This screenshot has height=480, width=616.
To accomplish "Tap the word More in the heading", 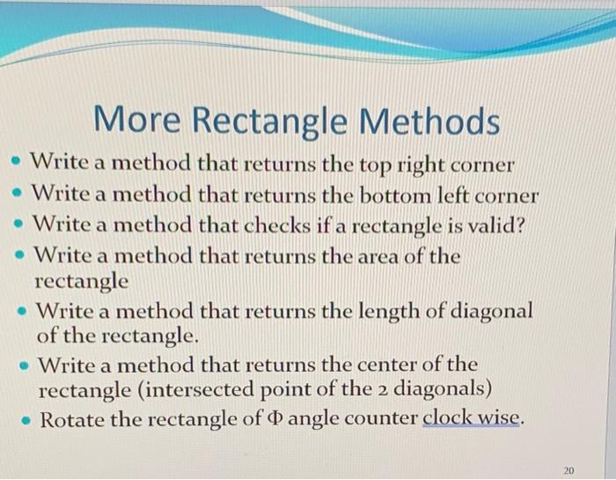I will (x=134, y=121).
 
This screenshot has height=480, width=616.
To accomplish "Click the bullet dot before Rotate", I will (x=24, y=418).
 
